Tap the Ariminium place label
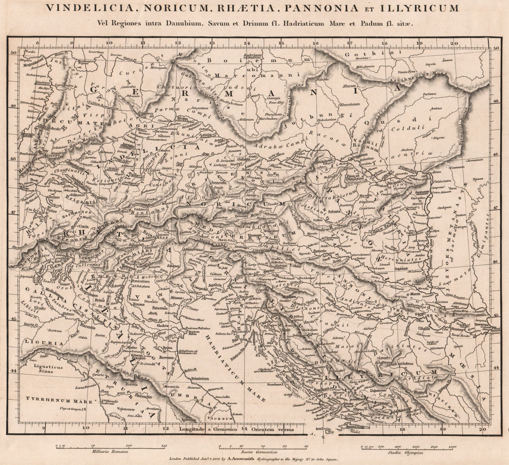pos(199,378)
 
